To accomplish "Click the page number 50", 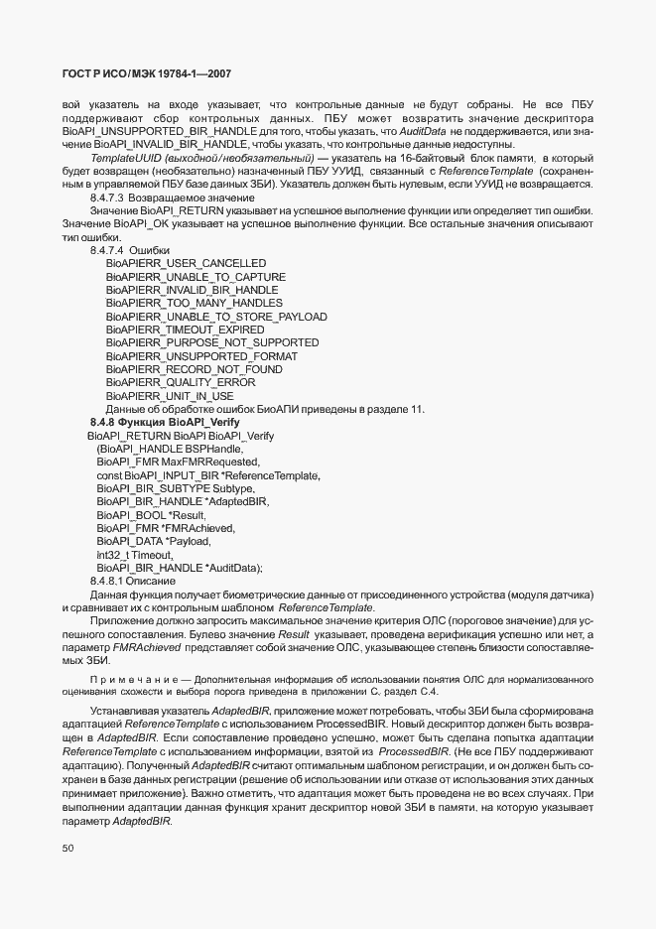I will (x=68, y=849).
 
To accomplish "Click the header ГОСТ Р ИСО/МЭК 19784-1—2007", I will (x=147, y=74).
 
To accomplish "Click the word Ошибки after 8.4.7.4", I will (x=150, y=250).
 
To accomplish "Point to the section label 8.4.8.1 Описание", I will (x=133, y=581).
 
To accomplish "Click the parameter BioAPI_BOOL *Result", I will (x=151, y=515).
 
